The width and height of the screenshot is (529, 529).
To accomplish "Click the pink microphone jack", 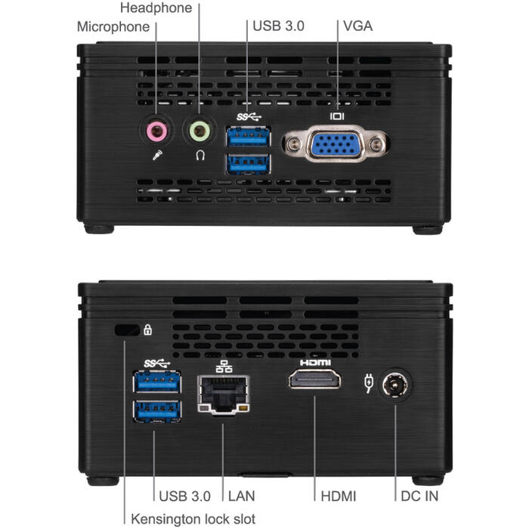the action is pos(157,131).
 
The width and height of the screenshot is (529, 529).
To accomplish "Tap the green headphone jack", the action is pos(200,131).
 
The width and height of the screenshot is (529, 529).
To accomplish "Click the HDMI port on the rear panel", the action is pos(314,379).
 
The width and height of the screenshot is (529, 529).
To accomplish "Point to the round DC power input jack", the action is pos(395,385).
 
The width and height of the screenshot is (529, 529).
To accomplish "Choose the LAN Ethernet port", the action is pos(224,394).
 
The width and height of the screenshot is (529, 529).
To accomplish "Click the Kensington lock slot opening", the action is pos(127,330).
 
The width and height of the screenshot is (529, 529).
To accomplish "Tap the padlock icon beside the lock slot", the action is pos(148,329).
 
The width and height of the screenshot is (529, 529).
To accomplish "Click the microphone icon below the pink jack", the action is pos(157,155).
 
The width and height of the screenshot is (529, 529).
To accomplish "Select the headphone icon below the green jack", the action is pos(200,155).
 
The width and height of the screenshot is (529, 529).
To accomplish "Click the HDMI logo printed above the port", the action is pos(315,362).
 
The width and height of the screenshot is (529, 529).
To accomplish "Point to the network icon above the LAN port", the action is pos(224,366).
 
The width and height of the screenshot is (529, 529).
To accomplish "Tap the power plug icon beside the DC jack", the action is pos(369,383).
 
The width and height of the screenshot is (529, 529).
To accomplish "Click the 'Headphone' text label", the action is pos(156,8).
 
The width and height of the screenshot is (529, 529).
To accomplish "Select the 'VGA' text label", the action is pos(357,26).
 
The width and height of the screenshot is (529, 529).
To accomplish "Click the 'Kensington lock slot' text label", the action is pos(193,519).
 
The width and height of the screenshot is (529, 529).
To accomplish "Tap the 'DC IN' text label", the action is pos(419,496).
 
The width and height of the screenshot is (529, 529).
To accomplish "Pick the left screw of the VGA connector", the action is pos(293,144).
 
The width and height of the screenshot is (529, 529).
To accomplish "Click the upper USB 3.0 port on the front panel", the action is pos(249,136).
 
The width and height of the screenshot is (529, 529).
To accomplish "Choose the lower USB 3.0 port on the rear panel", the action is pos(157,411).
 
